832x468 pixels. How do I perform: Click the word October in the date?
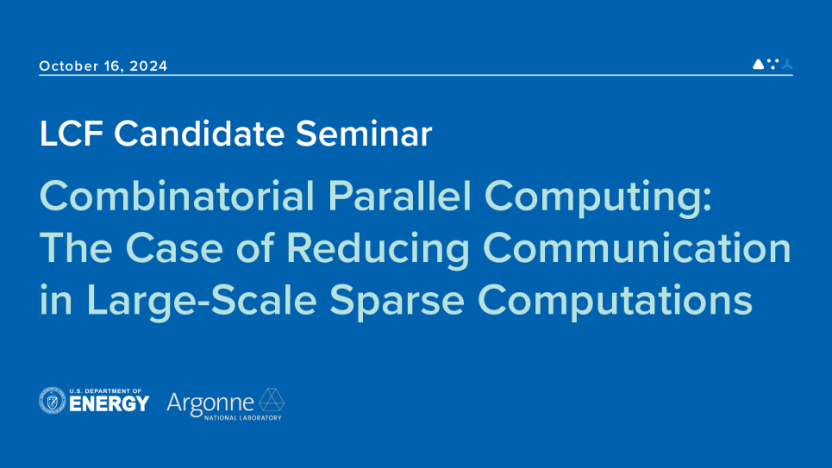(70, 66)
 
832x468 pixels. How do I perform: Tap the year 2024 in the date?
(149, 66)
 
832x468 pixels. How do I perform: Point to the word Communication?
(636, 250)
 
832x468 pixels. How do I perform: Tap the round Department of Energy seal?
(53, 401)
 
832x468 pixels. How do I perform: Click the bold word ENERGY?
(109, 404)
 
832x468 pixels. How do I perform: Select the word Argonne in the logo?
(210, 402)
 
